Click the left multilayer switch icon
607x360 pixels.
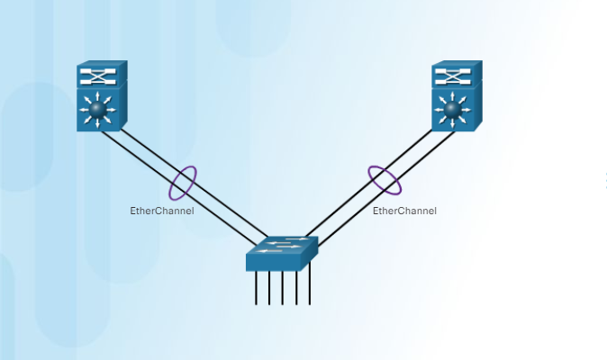click(x=101, y=97)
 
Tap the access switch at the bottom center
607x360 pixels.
click(x=281, y=253)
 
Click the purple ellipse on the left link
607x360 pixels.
click(x=182, y=182)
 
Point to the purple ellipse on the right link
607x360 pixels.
click(x=385, y=179)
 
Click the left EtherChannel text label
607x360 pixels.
click(x=162, y=211)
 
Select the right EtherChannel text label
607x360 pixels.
click(x=404, y=211)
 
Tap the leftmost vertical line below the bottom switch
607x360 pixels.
click(x=257, y=288)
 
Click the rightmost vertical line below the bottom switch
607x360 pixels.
click(x=310, y=288)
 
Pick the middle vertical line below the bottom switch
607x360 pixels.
click(x=283, y=288)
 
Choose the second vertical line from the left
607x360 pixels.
click(x=270, y=288)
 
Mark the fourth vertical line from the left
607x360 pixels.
click(x=296, y=288)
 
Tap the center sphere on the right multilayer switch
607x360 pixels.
click(x=452, y=110)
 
